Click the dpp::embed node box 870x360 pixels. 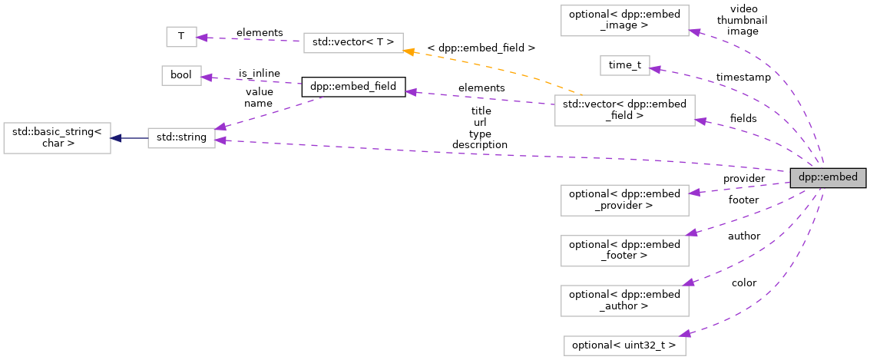[x=829, y=177]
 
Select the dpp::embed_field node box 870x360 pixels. [x=352, y=87]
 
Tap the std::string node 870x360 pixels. [x=181, y=138]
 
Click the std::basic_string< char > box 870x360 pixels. [x=57, y=137]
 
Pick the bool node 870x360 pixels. [x=180, y=75]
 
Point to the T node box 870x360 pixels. [x=180, y=36]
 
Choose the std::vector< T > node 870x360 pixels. [x=353, y=42]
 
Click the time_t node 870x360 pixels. [x=624, y=65]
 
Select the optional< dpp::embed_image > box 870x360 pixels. [x=624, y=20]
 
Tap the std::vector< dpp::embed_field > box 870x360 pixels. [x=624, y=111]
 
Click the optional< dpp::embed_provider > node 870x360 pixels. [x=624, y=200]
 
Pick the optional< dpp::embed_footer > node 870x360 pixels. [x=624, y=250]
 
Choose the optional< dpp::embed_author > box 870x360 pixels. [x=624, y=300]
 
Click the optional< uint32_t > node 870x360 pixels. [x=624, y=345]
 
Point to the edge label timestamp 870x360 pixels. [x=743, y=78]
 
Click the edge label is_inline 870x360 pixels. [x=259, y=74]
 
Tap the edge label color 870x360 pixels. [x=743, y=283]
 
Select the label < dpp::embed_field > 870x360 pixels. [x=481, y=48]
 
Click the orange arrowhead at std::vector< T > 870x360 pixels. [x=410, y=51]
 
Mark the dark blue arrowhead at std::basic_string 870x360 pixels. [x=115, y=138]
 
